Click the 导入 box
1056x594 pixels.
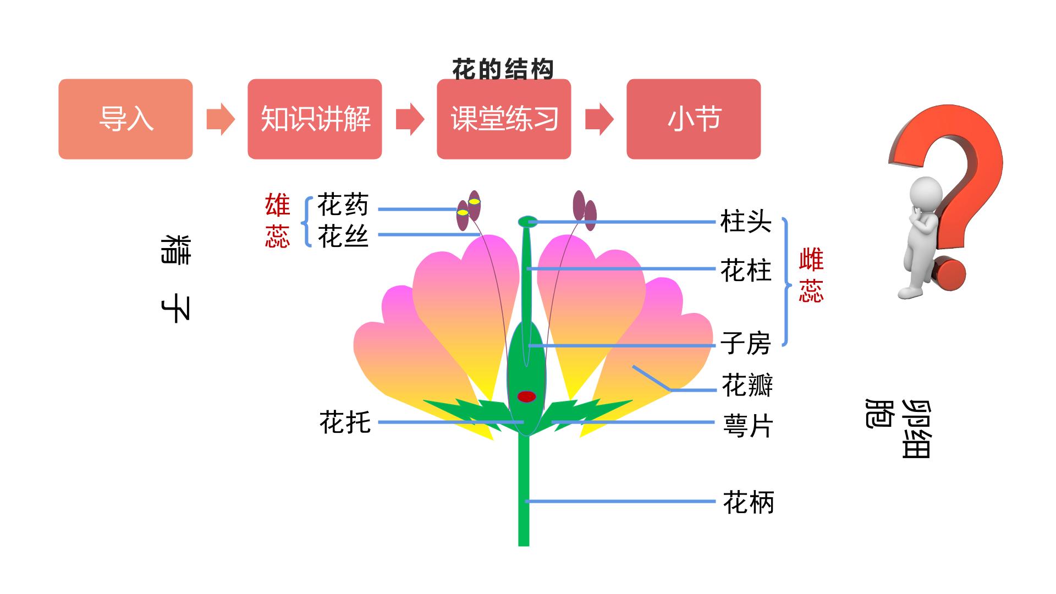(x=125, y=119)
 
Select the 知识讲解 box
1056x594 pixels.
(x=315, y=119)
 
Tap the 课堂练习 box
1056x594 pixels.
(x=504, y=119)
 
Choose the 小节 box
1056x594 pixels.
(x=694, y=119)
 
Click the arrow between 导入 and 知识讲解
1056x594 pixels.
(x=221, y=119)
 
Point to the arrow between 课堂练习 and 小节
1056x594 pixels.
(x=599, y=119)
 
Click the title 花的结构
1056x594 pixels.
(x=503, y=69)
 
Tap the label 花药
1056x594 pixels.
(x=343, y=205)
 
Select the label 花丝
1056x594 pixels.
(x=343, y=237)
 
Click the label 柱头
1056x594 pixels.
(x=746, y=222)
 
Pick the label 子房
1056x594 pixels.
(x=746, y=343)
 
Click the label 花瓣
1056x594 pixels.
(x=747, y=385)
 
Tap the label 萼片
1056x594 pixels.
(x=748, y=426)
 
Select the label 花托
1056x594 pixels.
(x=345, y=422)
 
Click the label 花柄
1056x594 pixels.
(x=749, y=502)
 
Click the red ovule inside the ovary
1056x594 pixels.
(x=526, y=397)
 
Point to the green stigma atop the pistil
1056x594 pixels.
(x=527, y=222)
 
